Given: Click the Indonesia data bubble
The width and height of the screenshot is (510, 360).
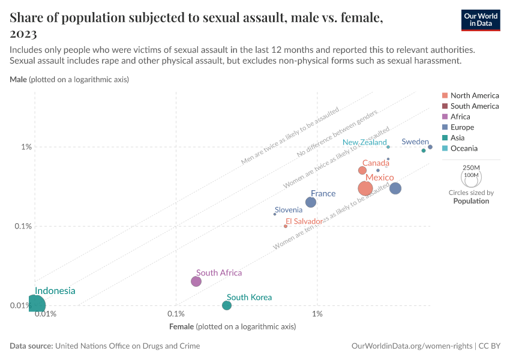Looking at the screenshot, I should coord(35,305).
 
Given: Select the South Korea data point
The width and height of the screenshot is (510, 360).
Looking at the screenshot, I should coord(227,305).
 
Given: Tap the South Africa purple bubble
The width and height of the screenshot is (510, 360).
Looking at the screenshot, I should coord(196,281).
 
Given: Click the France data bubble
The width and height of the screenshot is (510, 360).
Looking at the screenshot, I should coord(311,202).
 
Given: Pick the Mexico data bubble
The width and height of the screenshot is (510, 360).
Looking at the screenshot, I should coord(365,188).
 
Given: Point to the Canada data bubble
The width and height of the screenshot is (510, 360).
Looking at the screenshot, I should coord(362,170).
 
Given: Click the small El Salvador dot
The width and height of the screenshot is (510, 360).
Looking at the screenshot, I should coord(286,226).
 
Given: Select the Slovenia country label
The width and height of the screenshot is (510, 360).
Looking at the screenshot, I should coord(289,209).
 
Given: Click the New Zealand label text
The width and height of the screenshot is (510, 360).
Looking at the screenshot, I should coord(365,143).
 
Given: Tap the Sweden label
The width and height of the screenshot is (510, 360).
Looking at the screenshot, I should coord(415,142).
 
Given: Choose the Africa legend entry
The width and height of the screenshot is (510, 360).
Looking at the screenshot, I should coord(460,117).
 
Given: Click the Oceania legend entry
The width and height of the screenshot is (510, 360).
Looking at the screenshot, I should coord(464,148).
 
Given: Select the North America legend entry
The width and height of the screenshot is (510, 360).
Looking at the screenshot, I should coord(475,95).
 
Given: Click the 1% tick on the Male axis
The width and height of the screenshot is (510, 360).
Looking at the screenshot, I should coord(26,147).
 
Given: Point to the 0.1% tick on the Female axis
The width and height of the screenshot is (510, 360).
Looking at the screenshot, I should coord(176,314).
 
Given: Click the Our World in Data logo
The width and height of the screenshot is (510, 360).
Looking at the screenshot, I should coord(481,19).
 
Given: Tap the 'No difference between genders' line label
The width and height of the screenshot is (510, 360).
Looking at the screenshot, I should coord(337,135).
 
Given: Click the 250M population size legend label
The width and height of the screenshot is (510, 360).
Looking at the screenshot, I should coord(472,167).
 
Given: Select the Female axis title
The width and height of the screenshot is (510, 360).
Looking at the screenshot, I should coord(233,327).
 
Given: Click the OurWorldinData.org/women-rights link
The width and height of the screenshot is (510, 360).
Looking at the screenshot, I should coord(411,346).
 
